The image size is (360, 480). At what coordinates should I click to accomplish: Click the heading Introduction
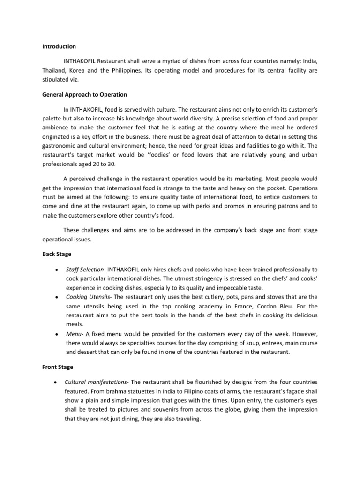59,47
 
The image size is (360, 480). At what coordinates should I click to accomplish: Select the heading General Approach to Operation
84,95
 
